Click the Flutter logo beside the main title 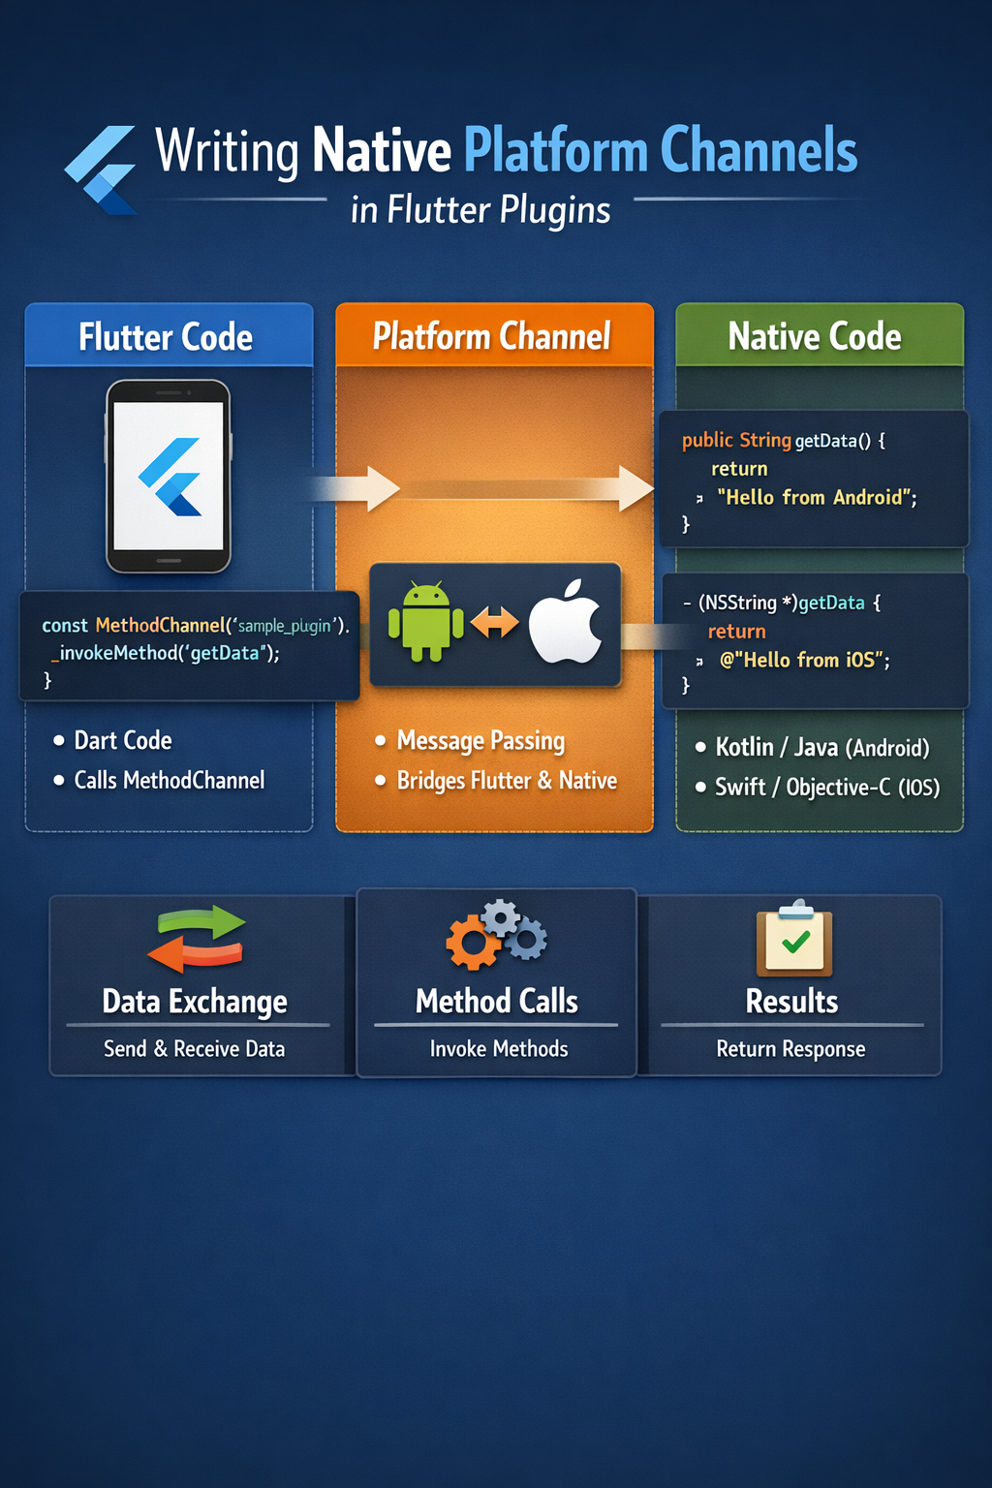102,170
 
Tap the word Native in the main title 382,151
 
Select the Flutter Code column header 167,337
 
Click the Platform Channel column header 492,336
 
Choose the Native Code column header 815,336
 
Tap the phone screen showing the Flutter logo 169,476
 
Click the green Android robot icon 425,622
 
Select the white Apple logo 567,622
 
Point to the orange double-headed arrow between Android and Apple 495,623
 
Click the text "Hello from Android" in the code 816,498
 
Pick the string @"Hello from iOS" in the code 804,661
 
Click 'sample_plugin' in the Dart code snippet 284,626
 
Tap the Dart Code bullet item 123,741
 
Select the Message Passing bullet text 480,741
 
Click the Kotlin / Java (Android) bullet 821,748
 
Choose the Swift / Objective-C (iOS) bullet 826,788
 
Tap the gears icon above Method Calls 497,936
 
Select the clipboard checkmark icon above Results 794,939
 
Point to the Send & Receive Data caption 195,1049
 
